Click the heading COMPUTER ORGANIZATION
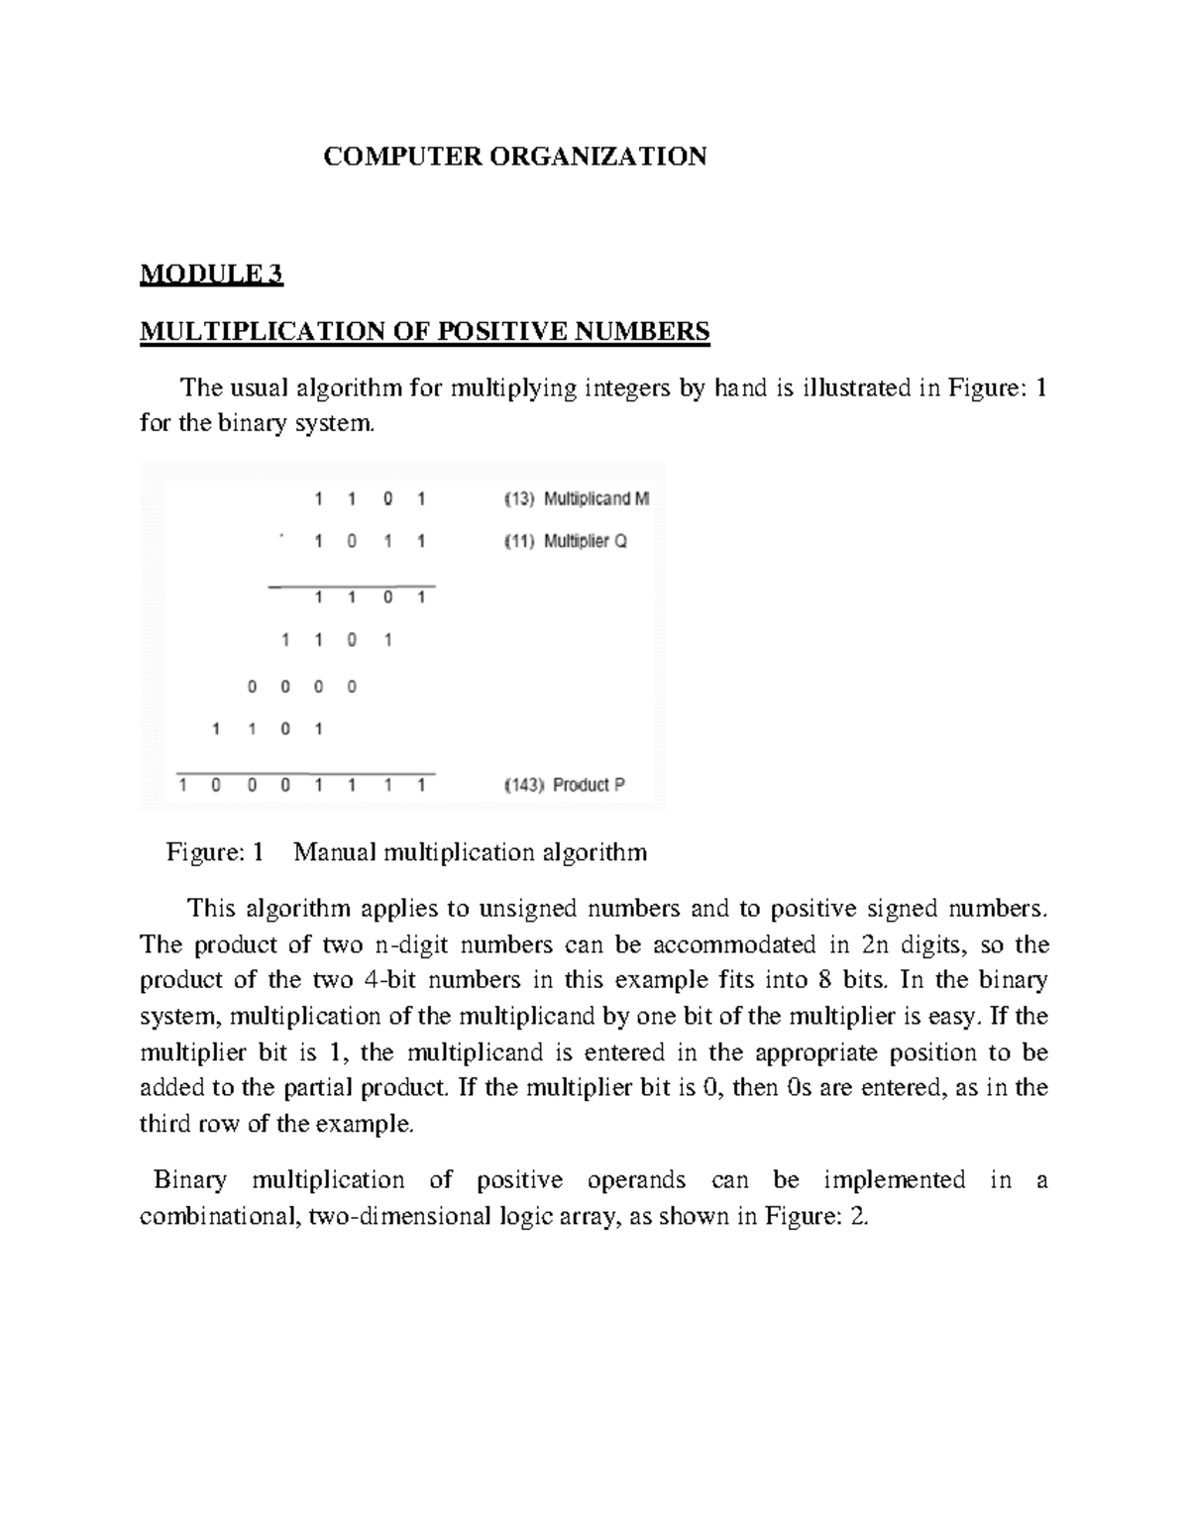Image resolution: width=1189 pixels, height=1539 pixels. (x=515, y=157)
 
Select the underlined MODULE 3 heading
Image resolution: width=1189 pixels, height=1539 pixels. (x=211, y=275)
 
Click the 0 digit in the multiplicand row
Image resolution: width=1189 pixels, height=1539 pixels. (x=387, y=499)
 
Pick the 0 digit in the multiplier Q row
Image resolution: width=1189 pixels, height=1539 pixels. (x=353, y=542)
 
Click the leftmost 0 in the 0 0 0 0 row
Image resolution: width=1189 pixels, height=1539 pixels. (x=252, y=686)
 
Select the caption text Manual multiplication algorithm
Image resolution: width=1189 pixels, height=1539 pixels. (x=470, y=851)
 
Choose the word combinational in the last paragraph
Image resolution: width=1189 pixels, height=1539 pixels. (x=219, y=1216)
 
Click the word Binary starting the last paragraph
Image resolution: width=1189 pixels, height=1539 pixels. (x=190, y=1179)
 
